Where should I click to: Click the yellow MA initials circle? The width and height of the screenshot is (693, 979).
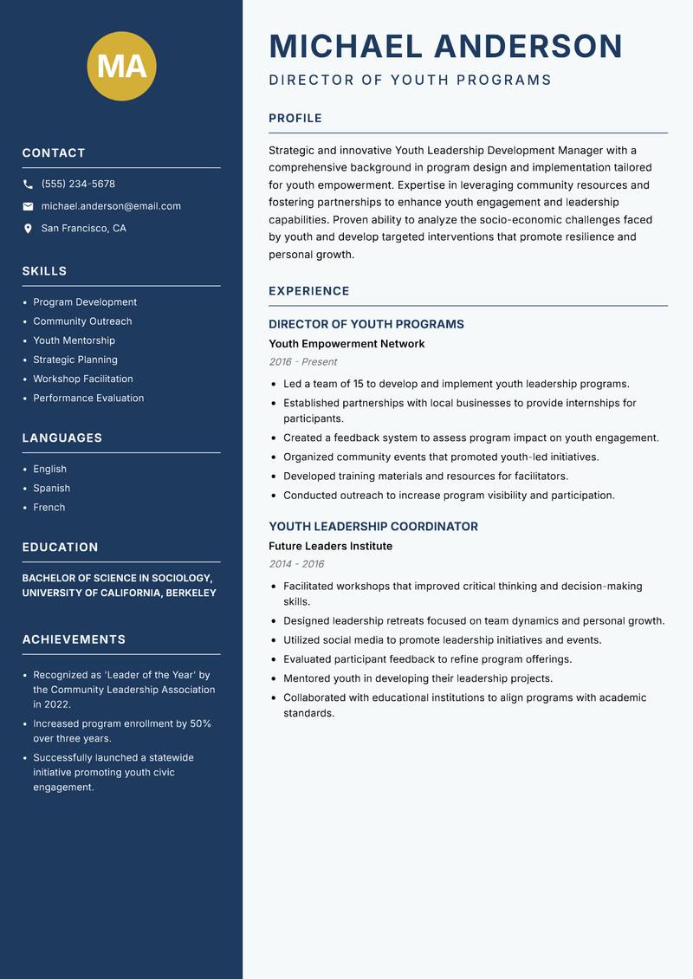122,66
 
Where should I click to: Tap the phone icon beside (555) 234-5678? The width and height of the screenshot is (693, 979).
28,184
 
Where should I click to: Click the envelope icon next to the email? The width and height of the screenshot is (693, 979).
28,206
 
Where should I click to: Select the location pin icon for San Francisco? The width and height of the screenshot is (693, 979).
28,229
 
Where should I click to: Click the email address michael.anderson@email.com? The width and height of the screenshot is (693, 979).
111,206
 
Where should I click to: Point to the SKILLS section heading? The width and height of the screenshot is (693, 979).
44,271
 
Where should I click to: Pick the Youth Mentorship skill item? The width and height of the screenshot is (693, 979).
74,340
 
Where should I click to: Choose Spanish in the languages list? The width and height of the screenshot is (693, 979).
51,488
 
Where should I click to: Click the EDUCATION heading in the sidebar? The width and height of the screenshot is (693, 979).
60,548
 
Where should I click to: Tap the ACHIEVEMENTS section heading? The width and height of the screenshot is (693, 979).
74,639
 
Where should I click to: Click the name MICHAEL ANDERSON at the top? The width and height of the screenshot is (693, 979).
445,46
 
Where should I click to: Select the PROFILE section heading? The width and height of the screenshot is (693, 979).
295,119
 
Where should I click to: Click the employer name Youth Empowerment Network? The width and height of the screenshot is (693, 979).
346,344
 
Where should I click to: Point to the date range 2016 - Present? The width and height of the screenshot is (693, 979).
302,362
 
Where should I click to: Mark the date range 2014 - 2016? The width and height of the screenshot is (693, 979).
296,564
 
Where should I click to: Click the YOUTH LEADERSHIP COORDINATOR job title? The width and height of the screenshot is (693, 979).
372,527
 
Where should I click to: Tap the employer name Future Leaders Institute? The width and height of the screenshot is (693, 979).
330,547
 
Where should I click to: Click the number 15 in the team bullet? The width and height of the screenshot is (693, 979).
359,384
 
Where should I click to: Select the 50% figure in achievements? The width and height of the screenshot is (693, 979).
201,723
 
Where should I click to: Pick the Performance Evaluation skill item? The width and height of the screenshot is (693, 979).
88,398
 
